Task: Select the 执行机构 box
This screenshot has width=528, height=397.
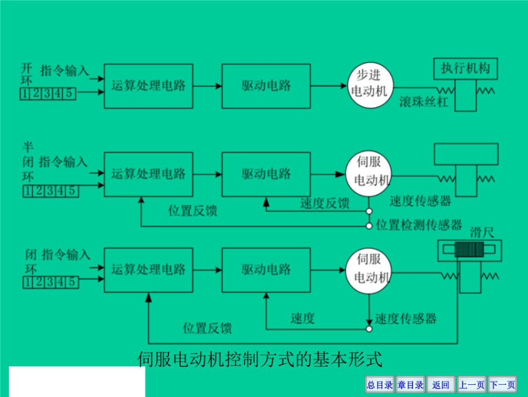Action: click(x=465, y=69)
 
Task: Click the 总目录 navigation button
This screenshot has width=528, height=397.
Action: click(x=380, y=385)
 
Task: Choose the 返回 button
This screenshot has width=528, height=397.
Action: click(x=441, y=385)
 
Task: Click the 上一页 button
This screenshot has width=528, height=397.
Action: click(x=471, y=385)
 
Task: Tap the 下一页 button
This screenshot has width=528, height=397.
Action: click(x=502, y=385)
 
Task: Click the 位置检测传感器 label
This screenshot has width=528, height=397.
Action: click(x=419, y=226)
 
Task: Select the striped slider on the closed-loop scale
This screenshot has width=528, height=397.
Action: click(x=470, y=250)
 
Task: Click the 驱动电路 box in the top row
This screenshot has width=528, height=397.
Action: click(x=266, y=86)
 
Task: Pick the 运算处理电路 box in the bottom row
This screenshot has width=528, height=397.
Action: click(x=148, y=270)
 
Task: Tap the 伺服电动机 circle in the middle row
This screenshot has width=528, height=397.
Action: click(x=368, y=173)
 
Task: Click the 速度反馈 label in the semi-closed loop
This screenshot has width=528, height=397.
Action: click(x=325, y=204)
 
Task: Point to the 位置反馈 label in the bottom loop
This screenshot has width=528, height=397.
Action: click(x=207, y=328)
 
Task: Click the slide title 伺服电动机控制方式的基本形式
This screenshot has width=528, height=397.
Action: click(x=260, y=359)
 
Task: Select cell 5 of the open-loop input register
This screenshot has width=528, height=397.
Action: click(x=69, y=94)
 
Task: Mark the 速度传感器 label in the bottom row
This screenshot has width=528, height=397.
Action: click(x=406, y=318)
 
